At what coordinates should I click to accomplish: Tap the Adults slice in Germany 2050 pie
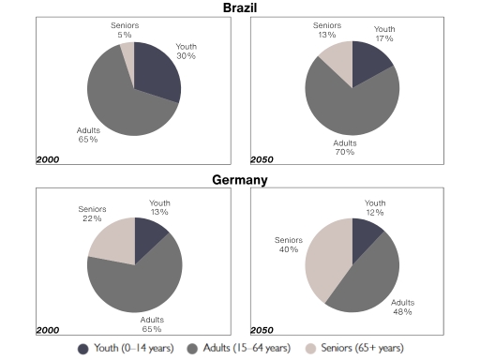tap(372, 277)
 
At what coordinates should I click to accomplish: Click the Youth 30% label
tap(186, 52)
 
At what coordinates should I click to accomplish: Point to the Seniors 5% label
tap(125, 29)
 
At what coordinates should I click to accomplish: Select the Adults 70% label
tap(344, 147)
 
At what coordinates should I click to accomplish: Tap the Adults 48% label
tap(403, 308)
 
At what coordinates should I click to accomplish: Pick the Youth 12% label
tap(375, 207)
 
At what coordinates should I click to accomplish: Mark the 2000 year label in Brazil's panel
tap(47, 159)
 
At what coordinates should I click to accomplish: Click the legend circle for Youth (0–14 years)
tap(85, 347)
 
